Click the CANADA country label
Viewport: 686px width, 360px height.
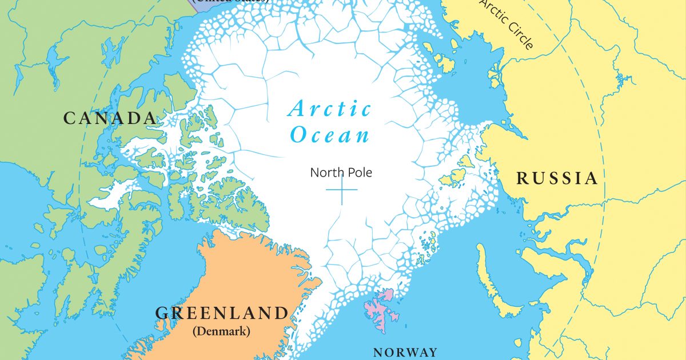pos(110,118)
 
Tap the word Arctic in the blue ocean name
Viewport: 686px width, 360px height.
pos(330,109)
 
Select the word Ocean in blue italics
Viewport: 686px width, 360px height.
pos(329,135)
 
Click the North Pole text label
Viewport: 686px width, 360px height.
pos(341,172)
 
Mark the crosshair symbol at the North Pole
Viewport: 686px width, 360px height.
pos(342,190)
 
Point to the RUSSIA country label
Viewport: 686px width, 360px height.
pos(557,179)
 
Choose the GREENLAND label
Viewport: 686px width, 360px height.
pos(222,313)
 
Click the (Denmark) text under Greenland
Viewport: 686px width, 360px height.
pos(222,331)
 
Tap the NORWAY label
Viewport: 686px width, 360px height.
pos(405,352)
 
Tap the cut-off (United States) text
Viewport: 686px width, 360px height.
pos(232,2)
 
